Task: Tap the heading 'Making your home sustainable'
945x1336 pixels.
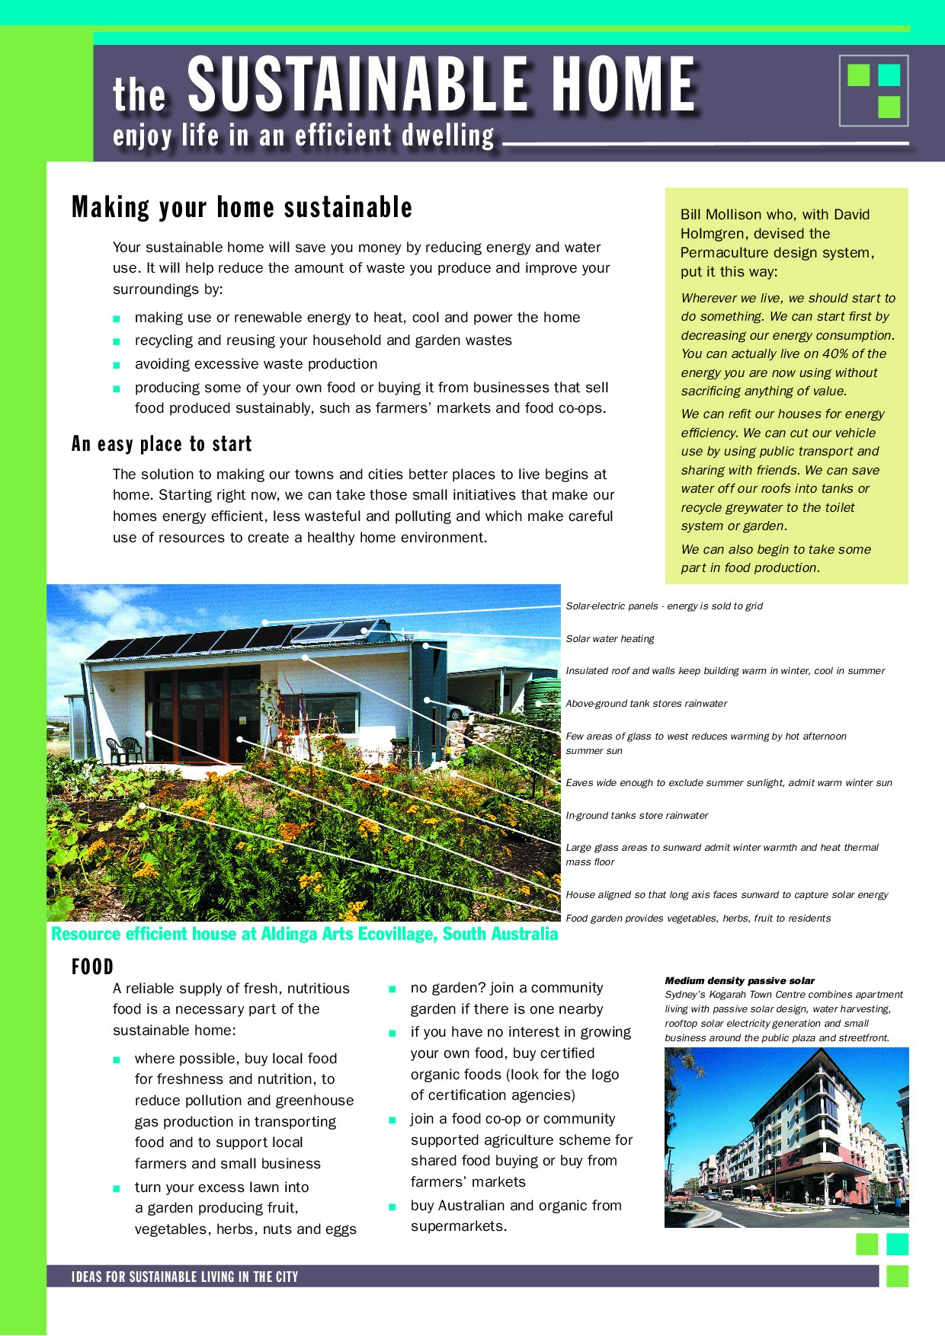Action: click(242, 207)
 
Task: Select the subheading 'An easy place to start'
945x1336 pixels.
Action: click(162, 444)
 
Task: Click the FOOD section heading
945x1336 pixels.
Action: click(92, 967)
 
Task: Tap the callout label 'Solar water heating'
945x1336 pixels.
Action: click(610, 639)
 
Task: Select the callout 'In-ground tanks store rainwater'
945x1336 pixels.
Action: click(636, 816)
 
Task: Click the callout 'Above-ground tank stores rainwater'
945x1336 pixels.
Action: click(646, 704)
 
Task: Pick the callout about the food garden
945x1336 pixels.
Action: click(697, 919)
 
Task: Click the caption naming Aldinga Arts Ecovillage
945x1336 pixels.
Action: click(304, 934)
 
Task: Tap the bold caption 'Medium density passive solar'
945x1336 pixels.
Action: click(739, 981)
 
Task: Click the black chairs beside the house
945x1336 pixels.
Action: click(124, 750)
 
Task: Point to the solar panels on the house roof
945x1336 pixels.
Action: click(229, 640)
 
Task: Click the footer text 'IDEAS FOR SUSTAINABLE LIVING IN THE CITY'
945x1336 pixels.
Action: click(184, 1277)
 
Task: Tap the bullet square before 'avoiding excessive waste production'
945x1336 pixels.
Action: click(117, 365)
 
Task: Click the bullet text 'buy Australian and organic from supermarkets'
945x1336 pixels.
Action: click(516, 1216)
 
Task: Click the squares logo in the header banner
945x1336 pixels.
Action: click(873, 91)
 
